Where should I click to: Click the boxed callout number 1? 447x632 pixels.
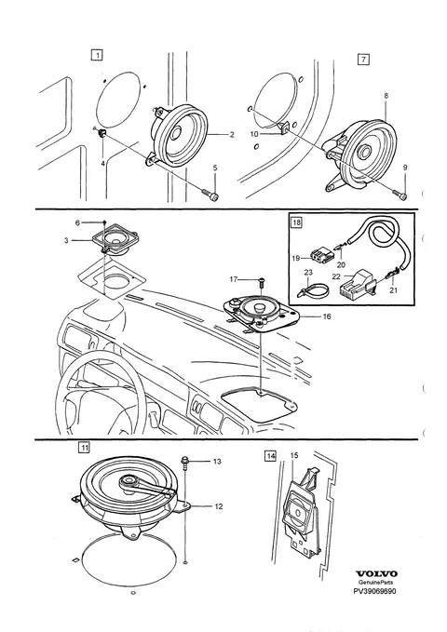click(97, 54)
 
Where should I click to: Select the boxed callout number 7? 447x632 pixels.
click(363, 60)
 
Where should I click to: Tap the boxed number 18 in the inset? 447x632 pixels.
click(296, 222)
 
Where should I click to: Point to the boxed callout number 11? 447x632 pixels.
click(84, 447)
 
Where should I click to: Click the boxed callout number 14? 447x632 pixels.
click(270, 456)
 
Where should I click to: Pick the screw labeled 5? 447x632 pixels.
click(211, 195)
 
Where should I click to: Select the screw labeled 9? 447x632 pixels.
click(401, 195)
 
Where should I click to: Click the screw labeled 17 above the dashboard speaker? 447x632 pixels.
click(261, 280)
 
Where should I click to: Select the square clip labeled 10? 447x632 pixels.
click(284, 128)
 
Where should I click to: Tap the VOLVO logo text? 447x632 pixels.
click(376, 573)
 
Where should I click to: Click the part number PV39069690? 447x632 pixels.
click(374, 591)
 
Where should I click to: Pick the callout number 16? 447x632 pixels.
click(326, 316)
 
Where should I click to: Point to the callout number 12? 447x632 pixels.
click(218, 506)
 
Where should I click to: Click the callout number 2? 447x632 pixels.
click(232, 135)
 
